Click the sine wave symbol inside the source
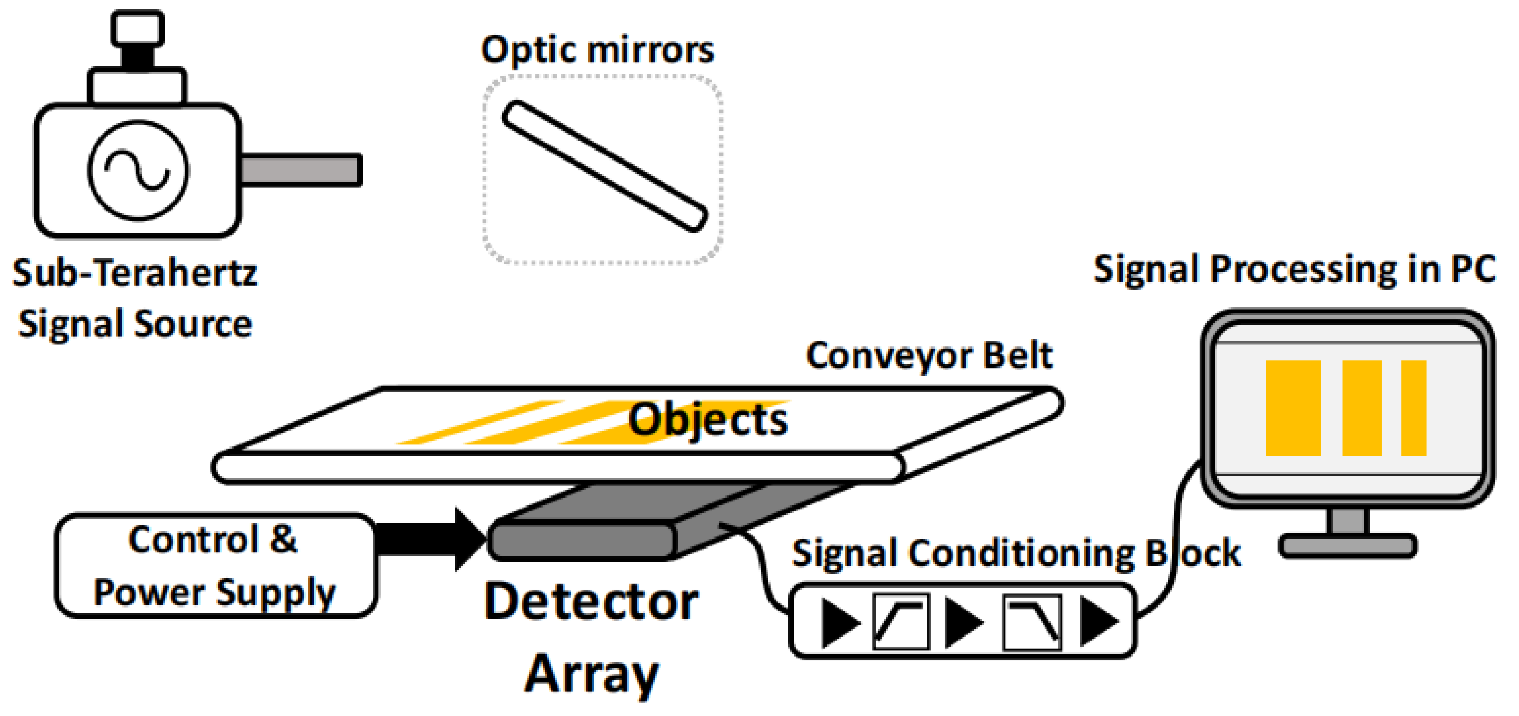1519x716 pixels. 138,170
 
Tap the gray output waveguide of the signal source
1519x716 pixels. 301,170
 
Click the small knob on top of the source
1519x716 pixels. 138,28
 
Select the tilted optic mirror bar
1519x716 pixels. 604,166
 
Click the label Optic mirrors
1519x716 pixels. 597,49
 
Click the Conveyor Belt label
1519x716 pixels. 929,356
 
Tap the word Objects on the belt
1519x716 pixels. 707,420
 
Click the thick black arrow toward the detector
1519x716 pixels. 431,539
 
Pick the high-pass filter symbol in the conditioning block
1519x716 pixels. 901,621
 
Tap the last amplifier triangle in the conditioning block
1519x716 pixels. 1097,621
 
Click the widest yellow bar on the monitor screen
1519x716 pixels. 1293,407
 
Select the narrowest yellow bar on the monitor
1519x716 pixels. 1413,407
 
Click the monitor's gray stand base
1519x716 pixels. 1347,545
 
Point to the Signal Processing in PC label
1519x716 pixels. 1294,270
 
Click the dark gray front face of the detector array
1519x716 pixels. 583,541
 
